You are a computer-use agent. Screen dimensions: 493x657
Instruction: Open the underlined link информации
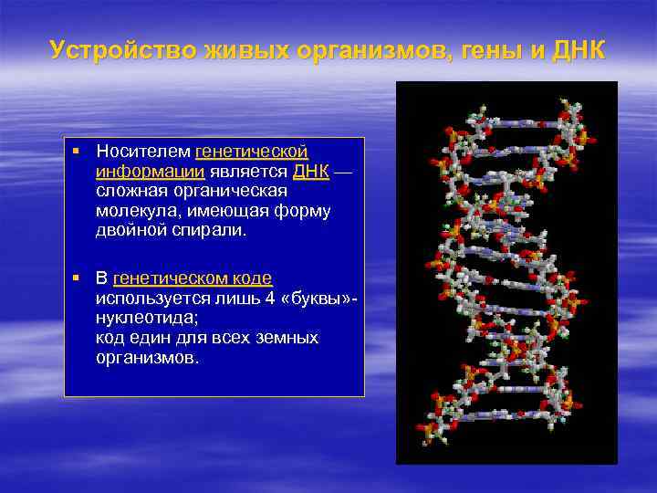[151, 171]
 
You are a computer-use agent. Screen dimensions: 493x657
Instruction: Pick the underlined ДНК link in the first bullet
[311, 171]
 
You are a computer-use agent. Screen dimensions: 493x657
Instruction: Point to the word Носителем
[143, 151]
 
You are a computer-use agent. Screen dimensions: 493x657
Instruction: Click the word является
[250, 171]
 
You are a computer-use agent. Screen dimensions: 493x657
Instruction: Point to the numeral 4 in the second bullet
[266, 299]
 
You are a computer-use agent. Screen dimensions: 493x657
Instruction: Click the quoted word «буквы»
[313, 299]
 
